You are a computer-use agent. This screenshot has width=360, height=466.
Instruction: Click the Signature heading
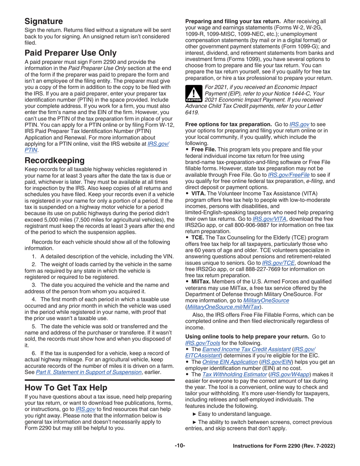(x=44, y=21)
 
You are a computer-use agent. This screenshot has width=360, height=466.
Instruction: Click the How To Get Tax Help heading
(x=66, y=388)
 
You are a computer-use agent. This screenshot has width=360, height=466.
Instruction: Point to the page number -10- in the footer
(x=180, y=446)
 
